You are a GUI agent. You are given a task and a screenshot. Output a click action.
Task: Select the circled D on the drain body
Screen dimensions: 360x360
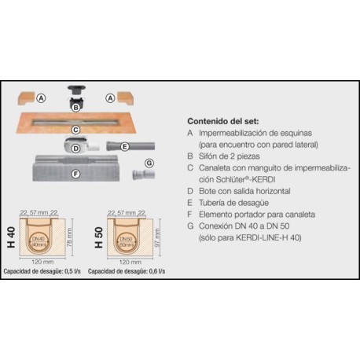pos(75,149)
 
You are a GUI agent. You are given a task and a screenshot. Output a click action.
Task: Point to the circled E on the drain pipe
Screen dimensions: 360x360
pos(123,146)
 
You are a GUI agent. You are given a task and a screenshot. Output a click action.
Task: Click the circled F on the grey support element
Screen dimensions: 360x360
pos(75,174)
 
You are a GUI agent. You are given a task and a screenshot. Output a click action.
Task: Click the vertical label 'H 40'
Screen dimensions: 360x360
pos(10,235)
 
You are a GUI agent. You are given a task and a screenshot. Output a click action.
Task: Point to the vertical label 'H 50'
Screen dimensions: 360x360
pos(98,235)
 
